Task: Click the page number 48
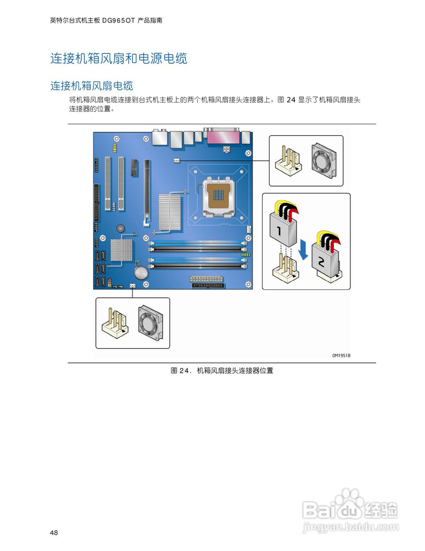[x=54, y=533]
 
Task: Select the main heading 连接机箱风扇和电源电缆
[x=119, y=59]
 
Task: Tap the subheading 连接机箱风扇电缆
[x=92, y=86]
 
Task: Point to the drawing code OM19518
[x=341, y=356]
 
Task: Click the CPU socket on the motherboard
[x=220, y=196]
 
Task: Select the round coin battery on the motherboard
[x=141, y=272]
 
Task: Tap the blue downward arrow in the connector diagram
[x=304, y=250]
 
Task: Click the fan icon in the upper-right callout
[x=325, y=160]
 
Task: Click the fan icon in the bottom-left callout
[x=150, y=322]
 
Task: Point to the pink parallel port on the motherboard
[x=223, y=136]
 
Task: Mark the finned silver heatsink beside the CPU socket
[x=168, y=211]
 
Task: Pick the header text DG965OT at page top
[x=119, y=20]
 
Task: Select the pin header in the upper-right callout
[x=288, y=161]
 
